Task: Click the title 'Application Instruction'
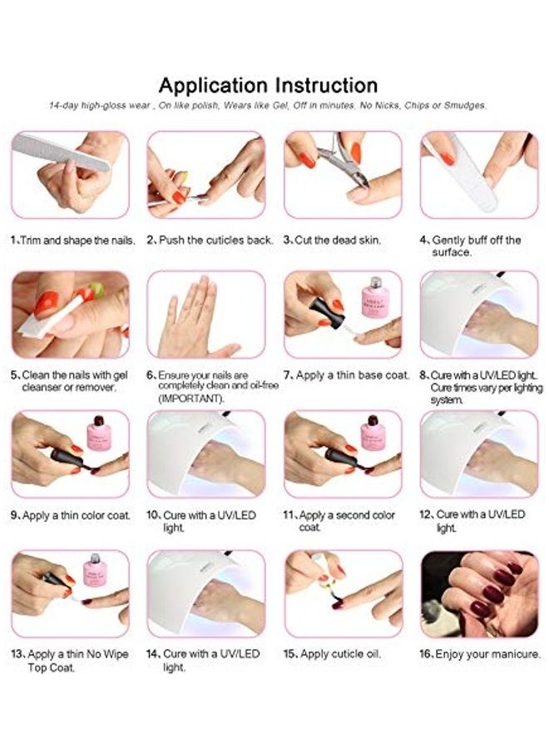coord(269,86)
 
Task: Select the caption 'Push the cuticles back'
coord(215,240)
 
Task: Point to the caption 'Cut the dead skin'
coord(338,240)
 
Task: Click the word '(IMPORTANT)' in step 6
coord(190,399)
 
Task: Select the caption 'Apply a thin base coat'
coord(353,375)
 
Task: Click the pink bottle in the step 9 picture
coord(99,434)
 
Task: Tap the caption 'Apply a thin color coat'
coord(77,515)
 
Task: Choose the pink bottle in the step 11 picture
coord(373,434)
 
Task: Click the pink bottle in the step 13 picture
coord(95,570)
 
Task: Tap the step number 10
coord(153,515)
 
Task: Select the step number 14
coord(153,653)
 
